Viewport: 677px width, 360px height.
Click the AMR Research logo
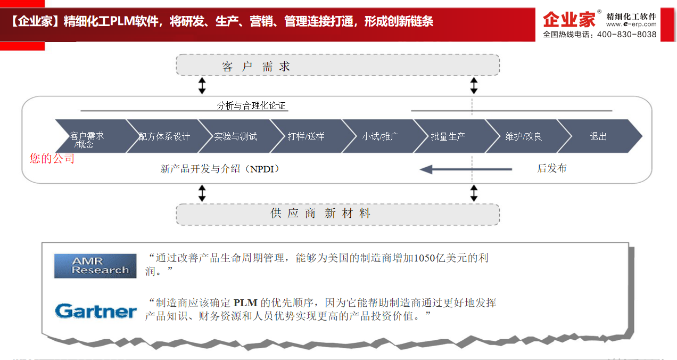95,266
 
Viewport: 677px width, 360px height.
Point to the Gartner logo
96,311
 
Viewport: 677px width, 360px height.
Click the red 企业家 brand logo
569,20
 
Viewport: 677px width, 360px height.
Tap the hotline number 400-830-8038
626,35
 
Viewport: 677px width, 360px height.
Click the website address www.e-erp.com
631,24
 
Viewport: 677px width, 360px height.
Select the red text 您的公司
52,159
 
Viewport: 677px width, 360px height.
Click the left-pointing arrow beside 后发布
466,169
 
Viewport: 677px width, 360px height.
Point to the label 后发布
551,168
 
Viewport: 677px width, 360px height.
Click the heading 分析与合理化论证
251,105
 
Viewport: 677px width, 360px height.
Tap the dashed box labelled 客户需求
338,65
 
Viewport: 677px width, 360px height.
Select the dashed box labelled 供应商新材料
338,215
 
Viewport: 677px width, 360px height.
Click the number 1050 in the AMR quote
424,258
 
